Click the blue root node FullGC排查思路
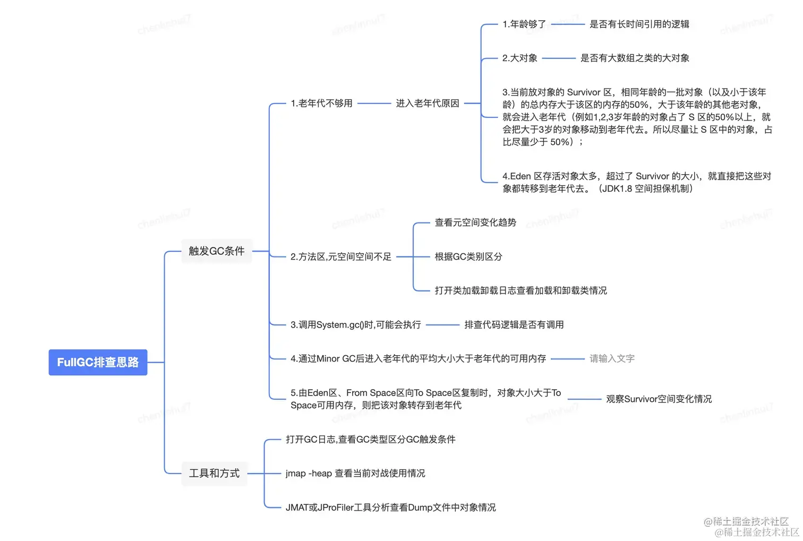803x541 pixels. [x=98, y=362]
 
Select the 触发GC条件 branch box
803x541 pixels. [x=217, y=251]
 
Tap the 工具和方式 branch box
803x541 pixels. [x=214, y=473]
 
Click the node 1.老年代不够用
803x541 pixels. [x=321, y=103]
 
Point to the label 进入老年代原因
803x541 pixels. [x=427, y=103]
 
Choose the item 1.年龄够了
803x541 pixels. [x=524, y=24]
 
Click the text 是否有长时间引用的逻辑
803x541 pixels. [x=639, y=24]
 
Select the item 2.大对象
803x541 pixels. [x=519, y=58]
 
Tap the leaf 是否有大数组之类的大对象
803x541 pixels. [x=635, y=58]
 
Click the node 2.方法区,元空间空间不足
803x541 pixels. [x=340, y=256]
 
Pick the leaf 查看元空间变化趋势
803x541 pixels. [x=475, y=222]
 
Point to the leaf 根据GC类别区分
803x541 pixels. [x=468, y=256]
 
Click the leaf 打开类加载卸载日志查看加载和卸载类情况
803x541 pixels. [x=520, y=290]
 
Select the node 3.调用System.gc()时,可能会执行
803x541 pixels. [x=355, y=324]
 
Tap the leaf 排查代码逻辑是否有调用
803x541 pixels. [x=514, y=324]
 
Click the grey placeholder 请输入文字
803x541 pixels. [x=612, y=358]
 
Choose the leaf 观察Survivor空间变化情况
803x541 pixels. [x=659, y=399]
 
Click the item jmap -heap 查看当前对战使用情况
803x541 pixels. [x=355, y=473]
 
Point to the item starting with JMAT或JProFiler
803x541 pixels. [x=390, y=507]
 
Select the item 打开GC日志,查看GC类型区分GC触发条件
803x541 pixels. [x=370, y=439]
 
